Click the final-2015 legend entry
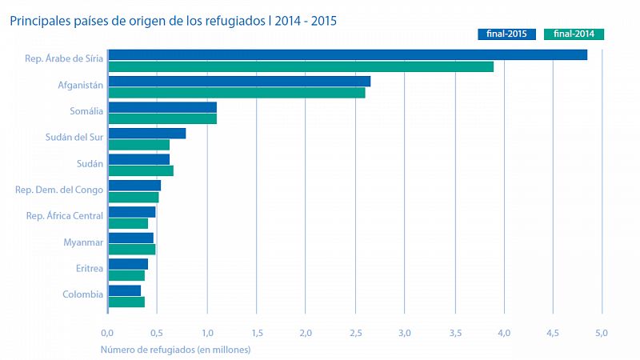pos(506,34)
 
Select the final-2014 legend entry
pos(573,34)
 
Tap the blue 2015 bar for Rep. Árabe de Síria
pos(347,54)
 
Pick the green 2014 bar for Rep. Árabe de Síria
pos(301,66)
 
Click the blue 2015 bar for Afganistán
pos(239,81)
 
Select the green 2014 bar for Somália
pos(162,119)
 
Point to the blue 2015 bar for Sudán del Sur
pos(147,133)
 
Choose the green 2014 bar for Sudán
pos(141,170)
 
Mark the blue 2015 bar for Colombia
pos(125,290)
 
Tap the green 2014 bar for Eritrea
pos(126,275)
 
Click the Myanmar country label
pos(83,242)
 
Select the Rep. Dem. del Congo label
pos(59,190)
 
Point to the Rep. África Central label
pos(64,216)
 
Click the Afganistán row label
pos(80,85)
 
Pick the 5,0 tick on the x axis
pos(602,333)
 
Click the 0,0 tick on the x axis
pos(108,333)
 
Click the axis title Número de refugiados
pos(175,350)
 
